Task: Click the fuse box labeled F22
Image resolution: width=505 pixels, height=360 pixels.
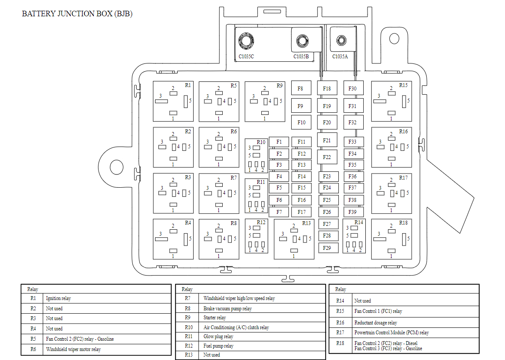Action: [327, 157]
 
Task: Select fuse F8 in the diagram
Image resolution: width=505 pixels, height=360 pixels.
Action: [300, 88]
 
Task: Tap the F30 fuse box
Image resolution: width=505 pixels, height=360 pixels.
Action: [353, 88]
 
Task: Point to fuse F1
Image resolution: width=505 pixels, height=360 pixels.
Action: [279, 142]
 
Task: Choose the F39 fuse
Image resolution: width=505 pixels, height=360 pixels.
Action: [353, 212]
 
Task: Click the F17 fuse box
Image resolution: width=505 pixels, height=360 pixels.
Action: [302, 212]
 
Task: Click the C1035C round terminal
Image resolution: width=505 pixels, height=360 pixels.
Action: [246, 41]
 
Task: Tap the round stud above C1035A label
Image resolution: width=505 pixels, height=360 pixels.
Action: [341, 40]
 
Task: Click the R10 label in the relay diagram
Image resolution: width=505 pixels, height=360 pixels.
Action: [261, 142]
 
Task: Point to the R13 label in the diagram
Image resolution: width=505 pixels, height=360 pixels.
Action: [306, 223]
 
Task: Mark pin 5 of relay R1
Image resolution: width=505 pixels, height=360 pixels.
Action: [186, 101]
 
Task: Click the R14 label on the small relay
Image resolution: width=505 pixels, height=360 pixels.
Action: [359, 222]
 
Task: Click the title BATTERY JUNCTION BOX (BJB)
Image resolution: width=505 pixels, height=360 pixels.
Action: [77, 14]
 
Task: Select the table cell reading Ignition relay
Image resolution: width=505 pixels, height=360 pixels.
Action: [59, 298]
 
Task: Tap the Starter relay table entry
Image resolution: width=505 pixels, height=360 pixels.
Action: [215, 318]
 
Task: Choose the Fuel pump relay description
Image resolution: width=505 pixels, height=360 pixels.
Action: [218, 346]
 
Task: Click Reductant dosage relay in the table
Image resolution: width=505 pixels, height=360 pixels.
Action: [376, 323]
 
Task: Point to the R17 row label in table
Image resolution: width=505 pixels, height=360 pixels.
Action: [340, 333]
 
